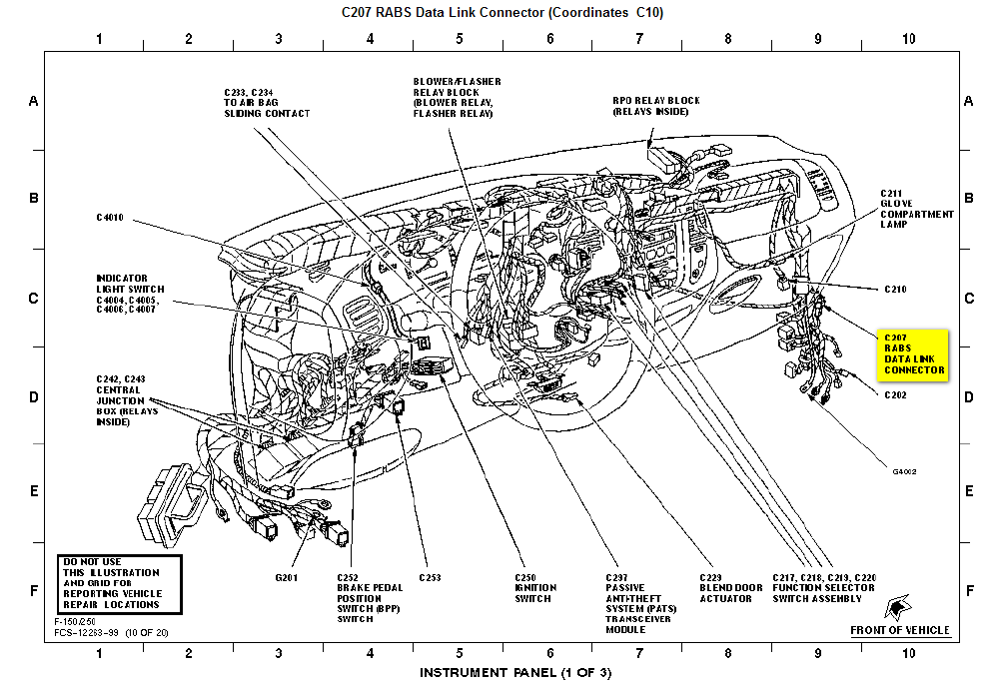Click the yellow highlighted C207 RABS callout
pos(913,353)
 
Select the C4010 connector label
pos(110,217)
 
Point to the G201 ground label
pos(287,577)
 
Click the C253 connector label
pos(430,577)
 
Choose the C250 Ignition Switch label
pos(535,588)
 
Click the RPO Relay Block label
pos(656,106)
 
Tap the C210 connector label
pos(894,289)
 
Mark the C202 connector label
pos(894,394)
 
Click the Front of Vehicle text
pos(899,630)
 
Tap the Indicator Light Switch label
pos(130,295)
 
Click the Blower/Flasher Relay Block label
pos(457,98)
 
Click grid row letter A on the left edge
pos(33,102)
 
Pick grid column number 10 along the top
pos(907,39)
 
